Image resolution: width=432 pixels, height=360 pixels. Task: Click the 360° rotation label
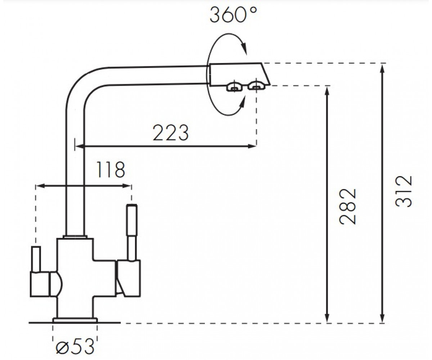tap(233, 15)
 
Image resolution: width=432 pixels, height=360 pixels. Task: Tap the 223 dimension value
tap(171, 132)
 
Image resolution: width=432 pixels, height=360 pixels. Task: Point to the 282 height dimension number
tap(348, 206)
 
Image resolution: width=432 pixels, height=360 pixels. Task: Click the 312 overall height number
tap(404, 192)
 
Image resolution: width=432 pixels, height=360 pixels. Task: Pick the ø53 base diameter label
tap(75, 347)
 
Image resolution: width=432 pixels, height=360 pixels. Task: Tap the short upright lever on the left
tap(36, 259)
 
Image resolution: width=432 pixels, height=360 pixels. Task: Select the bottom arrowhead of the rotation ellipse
tap(242, 103)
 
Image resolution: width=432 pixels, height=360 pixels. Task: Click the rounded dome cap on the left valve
tap(56, 284)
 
